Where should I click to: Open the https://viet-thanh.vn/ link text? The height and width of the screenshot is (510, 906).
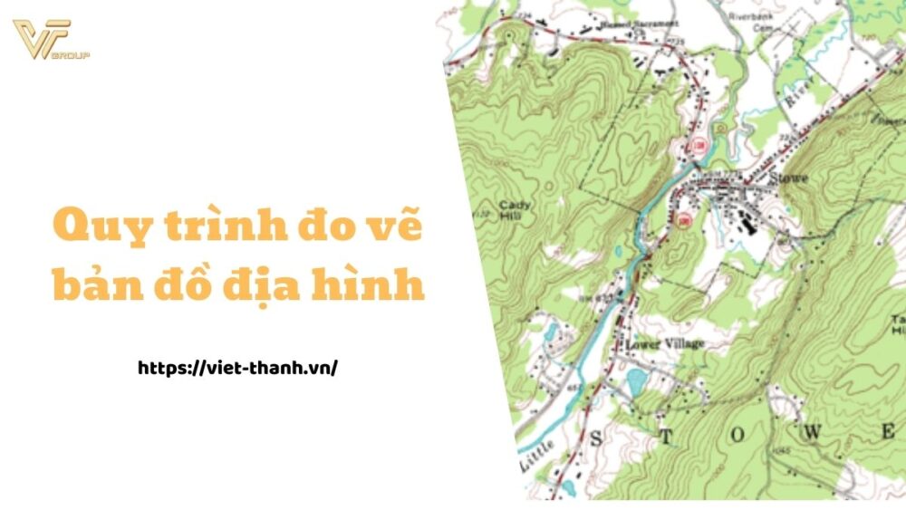click(x=237, y=368)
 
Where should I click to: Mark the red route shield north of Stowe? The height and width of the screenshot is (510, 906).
click(x=699, y=145)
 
